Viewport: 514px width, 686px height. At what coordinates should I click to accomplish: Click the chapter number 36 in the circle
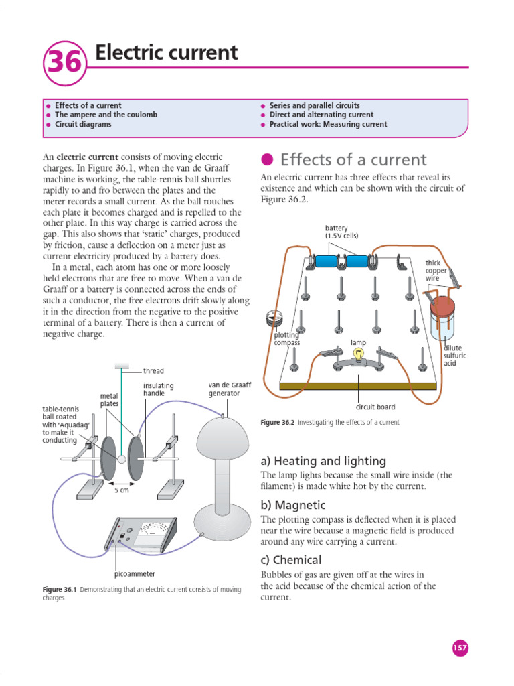pos(65,62)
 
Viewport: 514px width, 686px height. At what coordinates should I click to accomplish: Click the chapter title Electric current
pos(166,52)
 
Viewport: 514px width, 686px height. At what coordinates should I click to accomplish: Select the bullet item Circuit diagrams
pos(83,125)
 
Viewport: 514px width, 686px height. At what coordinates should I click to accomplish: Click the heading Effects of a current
pos(353,159)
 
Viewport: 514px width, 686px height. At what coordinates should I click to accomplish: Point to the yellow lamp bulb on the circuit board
pos(359,354)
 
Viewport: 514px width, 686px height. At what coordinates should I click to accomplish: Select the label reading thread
pos(153,370)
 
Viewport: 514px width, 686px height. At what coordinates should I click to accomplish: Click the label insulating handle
pos(158,390)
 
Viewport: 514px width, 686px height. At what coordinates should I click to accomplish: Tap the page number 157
pos(460,648)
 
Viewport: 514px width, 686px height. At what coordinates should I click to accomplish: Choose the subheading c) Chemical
pos(291,560)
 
